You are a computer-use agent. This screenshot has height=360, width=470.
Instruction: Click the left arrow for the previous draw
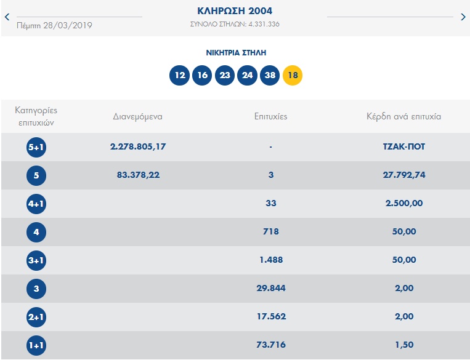[7, 17]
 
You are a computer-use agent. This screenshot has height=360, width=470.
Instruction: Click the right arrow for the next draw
[463, 17]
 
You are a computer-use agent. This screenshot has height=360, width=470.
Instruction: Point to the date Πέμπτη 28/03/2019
[55, 25]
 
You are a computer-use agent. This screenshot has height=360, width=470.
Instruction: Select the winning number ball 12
[180, 76]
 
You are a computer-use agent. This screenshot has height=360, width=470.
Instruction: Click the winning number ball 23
[225, 76]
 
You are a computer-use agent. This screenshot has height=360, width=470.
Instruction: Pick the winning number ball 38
[270, 76]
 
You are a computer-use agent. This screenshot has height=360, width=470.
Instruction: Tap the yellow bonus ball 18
[293, 76]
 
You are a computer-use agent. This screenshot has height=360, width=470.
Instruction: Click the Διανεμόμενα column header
[137, 116]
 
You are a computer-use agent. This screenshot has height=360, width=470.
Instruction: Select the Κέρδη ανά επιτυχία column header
[403, 116]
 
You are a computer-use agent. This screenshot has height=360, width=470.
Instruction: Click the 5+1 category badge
[36, 148]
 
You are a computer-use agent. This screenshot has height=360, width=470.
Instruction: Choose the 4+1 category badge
[36, 204]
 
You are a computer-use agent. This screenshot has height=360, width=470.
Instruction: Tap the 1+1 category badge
[36, 346]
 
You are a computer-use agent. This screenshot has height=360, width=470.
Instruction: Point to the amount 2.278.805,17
[138, 146]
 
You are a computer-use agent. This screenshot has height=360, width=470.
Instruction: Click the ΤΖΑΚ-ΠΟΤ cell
[403, 147]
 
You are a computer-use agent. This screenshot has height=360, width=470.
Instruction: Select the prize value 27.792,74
[403, 175]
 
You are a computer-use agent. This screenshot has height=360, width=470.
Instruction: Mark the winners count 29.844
[271, 288]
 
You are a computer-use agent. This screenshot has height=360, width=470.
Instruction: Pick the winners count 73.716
[271, 345]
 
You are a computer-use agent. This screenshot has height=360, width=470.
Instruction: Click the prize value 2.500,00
[403, 203]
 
